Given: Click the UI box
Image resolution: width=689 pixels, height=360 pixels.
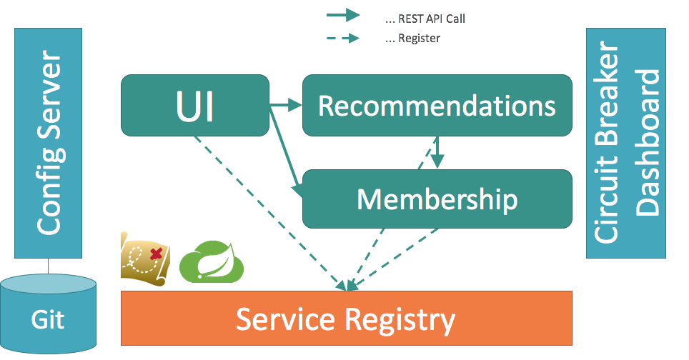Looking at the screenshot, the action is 195,106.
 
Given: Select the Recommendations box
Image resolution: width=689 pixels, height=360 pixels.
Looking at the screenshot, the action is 437,106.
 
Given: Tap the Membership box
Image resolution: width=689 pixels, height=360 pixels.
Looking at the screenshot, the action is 437,199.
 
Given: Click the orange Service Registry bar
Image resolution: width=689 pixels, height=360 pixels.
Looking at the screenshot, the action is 346,319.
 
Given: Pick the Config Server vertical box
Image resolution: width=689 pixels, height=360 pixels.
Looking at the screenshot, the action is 49,143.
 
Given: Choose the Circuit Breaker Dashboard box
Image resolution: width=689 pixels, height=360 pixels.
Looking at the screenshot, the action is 625,143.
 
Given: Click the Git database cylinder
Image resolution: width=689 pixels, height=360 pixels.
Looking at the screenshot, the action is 49,314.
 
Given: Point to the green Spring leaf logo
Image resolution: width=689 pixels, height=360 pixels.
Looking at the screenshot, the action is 212,261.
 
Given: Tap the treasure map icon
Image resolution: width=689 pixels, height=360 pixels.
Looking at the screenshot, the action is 145,259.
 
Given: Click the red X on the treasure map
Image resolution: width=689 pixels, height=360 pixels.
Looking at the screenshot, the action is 156,254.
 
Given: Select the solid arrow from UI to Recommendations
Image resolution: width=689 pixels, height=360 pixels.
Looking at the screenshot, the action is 286,105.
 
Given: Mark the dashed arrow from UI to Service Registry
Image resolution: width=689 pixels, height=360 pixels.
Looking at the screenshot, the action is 269,214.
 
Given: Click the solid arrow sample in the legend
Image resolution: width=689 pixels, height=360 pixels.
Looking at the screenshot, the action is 343,16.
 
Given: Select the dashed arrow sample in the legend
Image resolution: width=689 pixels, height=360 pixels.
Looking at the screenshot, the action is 343,38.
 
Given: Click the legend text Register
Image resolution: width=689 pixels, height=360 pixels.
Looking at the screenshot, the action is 420,38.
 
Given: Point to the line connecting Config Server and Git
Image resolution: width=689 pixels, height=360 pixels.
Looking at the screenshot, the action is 49,266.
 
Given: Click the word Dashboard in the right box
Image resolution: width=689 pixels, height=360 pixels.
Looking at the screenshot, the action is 648,143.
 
